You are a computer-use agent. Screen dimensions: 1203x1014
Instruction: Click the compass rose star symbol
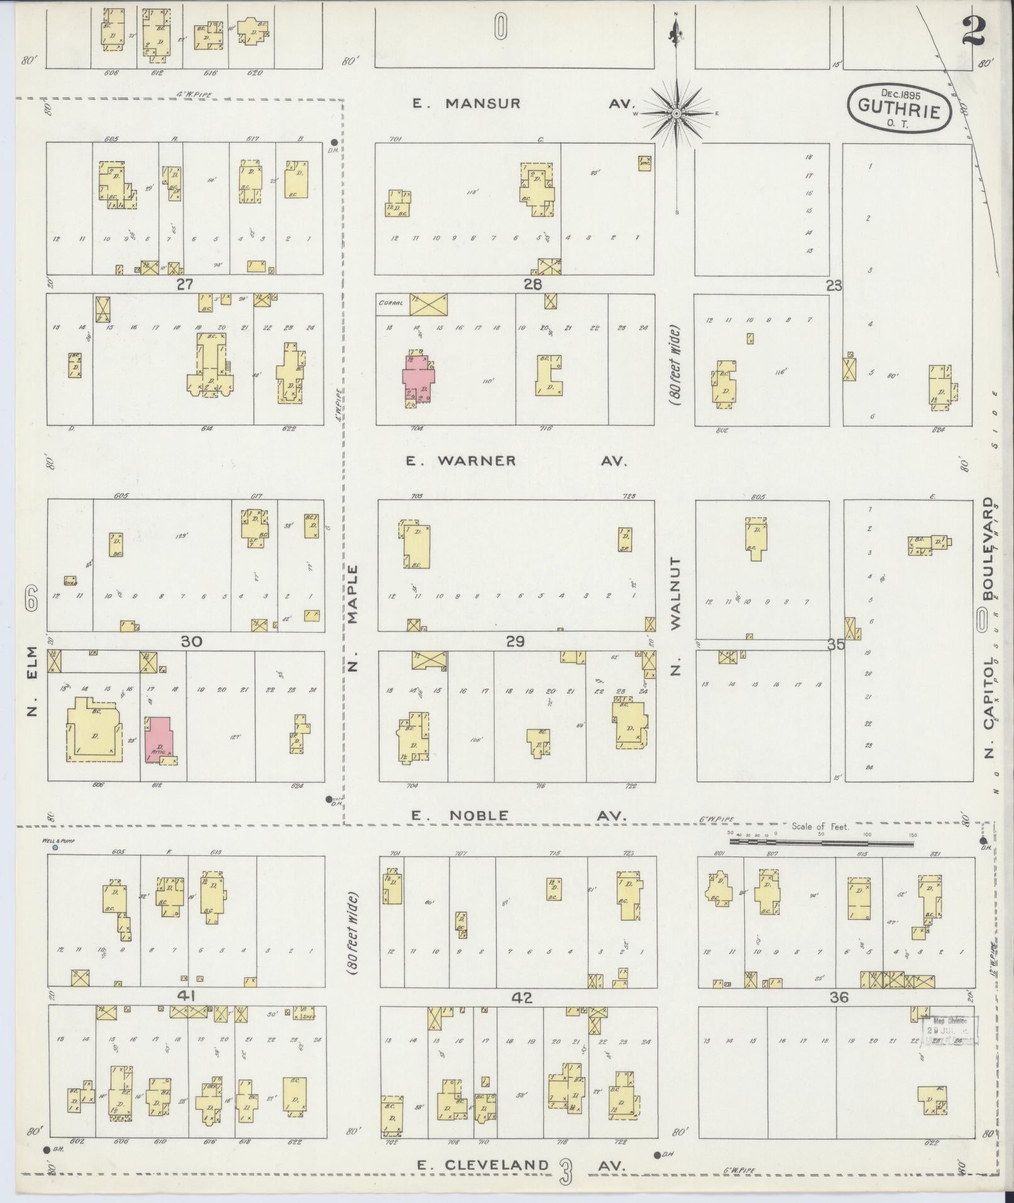click(676, 114)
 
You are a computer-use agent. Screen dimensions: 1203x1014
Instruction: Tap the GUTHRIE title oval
click(900, 108)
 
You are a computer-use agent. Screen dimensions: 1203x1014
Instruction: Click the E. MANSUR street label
click(466, 104)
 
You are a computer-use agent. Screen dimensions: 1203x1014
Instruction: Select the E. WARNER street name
click(461, 461)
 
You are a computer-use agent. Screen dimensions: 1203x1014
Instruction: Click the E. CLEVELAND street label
click(483, 1165)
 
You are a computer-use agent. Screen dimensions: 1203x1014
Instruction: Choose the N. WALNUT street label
click(676, 616)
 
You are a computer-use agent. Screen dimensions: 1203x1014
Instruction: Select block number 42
click(522, 997)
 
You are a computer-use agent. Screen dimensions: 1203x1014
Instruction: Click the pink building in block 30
click(160, 740)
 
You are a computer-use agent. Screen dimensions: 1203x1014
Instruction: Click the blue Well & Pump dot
click(55, 848)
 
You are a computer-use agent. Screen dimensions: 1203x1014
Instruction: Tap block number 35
click(836, 645)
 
